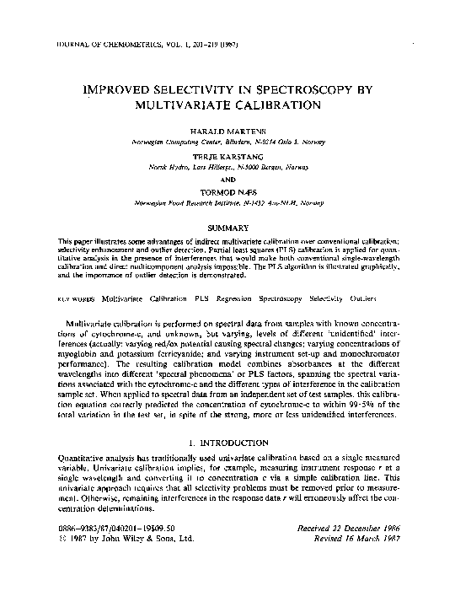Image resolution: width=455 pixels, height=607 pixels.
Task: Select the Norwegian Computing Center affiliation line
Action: pos(228,142)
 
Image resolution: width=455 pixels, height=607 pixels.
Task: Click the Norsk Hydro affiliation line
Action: pos(228,166)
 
